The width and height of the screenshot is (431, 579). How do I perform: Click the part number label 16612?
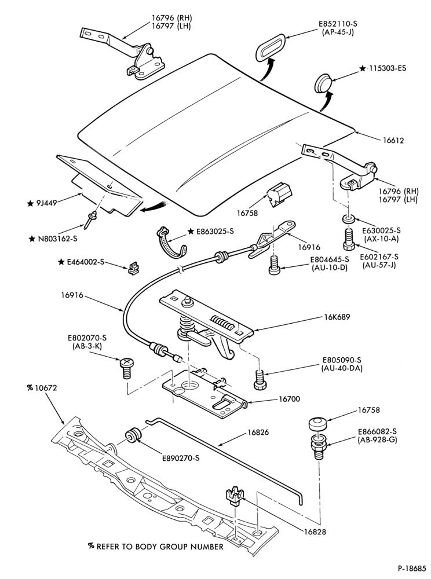click(x=393, y=140)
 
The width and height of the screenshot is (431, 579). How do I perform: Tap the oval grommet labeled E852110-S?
click(x=269, y=46)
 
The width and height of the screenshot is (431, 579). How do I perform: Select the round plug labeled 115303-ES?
click(x=323, y=84)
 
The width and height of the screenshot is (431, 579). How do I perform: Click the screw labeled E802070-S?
click(x=125, y=368)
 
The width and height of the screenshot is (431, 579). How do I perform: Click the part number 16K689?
click(x=337, y=317)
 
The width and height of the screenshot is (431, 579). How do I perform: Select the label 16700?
click(x=289, y=399)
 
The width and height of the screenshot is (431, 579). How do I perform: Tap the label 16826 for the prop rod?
click(x=258, y=432)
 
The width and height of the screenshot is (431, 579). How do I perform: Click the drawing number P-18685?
click(x=412, y=568)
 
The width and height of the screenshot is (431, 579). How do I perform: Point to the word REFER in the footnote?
click(x=108, y=547)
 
